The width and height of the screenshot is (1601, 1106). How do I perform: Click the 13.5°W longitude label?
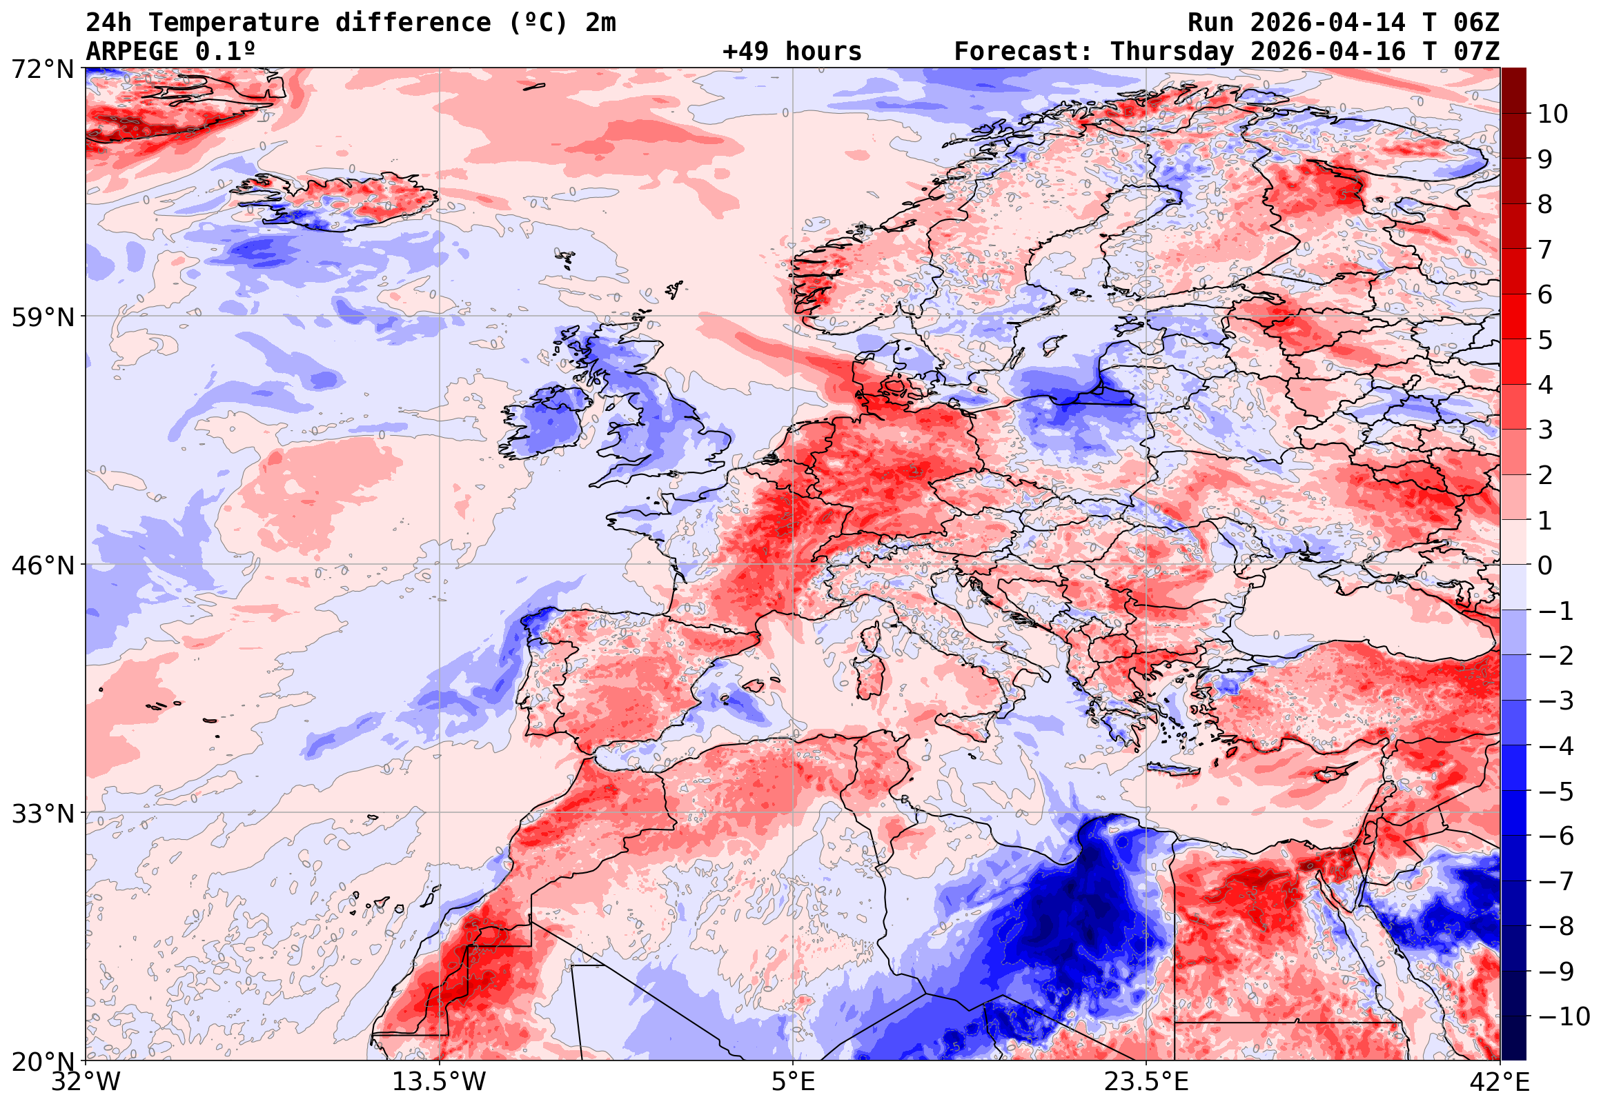440,1082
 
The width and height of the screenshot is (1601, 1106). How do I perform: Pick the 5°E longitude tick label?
793,1082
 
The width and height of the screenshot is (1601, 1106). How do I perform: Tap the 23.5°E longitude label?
1146,1082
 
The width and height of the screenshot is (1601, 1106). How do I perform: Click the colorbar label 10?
1553,114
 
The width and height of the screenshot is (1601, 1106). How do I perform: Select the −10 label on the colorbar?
1564,1016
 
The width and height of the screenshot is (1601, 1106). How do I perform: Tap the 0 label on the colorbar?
1545,565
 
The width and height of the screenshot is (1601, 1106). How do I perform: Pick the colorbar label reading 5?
1545,340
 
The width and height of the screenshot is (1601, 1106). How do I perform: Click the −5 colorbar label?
1556,792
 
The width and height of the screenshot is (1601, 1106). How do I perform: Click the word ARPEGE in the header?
132,52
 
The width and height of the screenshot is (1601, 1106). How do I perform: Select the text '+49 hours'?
792,52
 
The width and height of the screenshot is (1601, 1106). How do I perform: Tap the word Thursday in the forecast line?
1172,52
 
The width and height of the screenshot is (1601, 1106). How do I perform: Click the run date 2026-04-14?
1328,23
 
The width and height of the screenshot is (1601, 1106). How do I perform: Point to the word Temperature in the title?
234,23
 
